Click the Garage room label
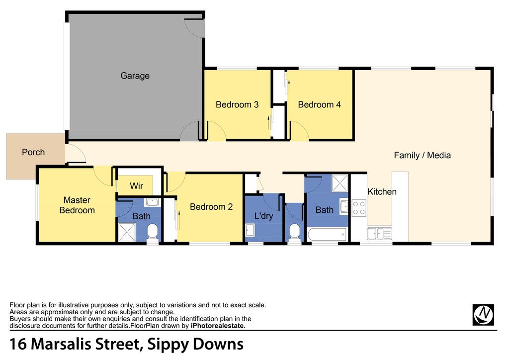pos(135,76)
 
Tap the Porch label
pos(33,152)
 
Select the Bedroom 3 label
pos(237,104)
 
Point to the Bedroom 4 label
pos(319,104)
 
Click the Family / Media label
pos(422,155)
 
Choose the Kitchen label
pos(382,191)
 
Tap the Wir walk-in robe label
pos(136,186)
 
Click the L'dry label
pos(263,216)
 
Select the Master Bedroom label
pos(77,205)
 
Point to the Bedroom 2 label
pos(211,207)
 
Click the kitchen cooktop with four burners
pos(359,208)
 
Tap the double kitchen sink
pos(379,234)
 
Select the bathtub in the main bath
pos(327,234)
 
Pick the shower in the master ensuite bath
pos(127,232)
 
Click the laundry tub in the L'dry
pos(250,231)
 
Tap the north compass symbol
pos(483,315)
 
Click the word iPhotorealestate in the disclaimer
pos(218,326)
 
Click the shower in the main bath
pos(339,183)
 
